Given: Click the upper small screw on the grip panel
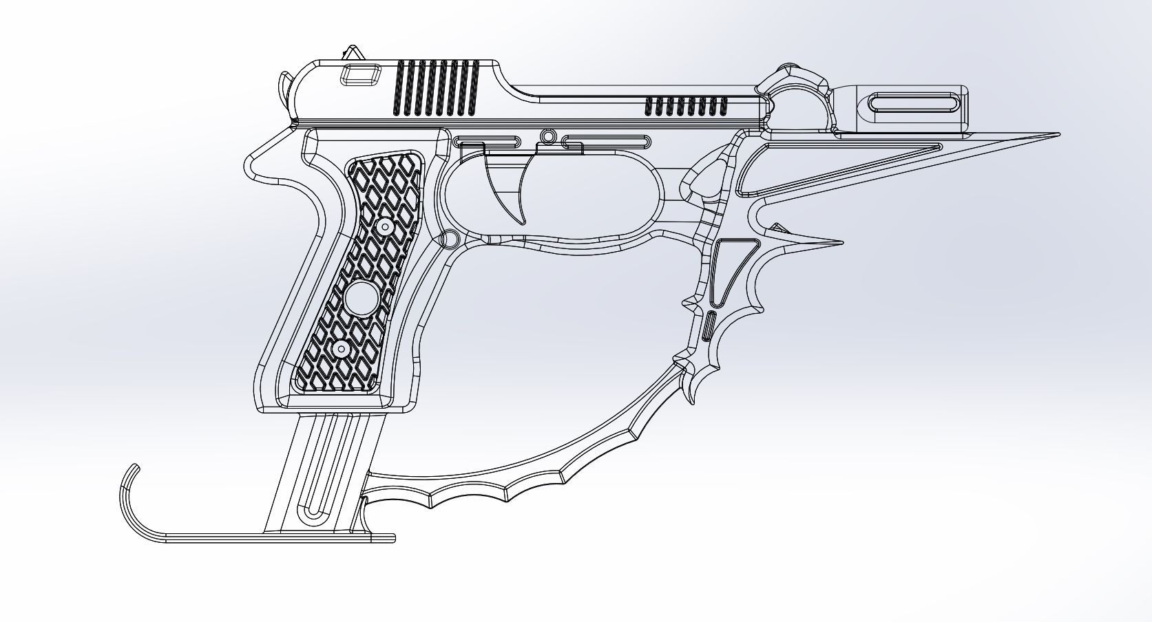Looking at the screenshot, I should pos(385,226).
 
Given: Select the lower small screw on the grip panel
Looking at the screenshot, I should pos(341,350).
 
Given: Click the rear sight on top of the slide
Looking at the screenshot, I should pos(354,54).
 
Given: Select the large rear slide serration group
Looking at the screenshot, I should pos(435,87).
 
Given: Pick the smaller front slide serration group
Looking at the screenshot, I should pos(685,106).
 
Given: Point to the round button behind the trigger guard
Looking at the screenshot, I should pos(449,239).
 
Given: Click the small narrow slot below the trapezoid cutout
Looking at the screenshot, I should pos(710,325).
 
